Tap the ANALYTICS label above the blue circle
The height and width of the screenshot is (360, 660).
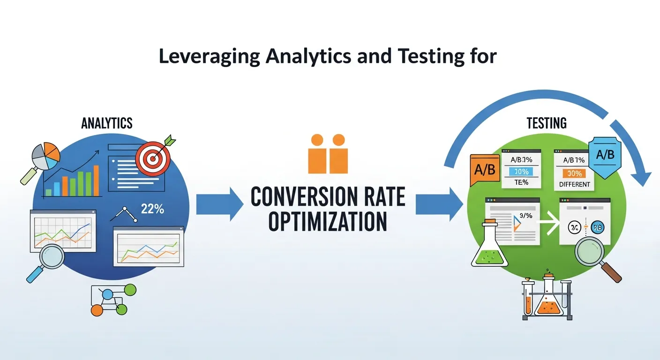107,123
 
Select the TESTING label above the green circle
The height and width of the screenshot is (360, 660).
547,123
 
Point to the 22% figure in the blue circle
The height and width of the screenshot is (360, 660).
152,209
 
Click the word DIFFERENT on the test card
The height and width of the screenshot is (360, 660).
575,184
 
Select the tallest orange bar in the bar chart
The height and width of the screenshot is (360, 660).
96,180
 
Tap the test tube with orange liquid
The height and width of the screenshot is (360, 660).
528,301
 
